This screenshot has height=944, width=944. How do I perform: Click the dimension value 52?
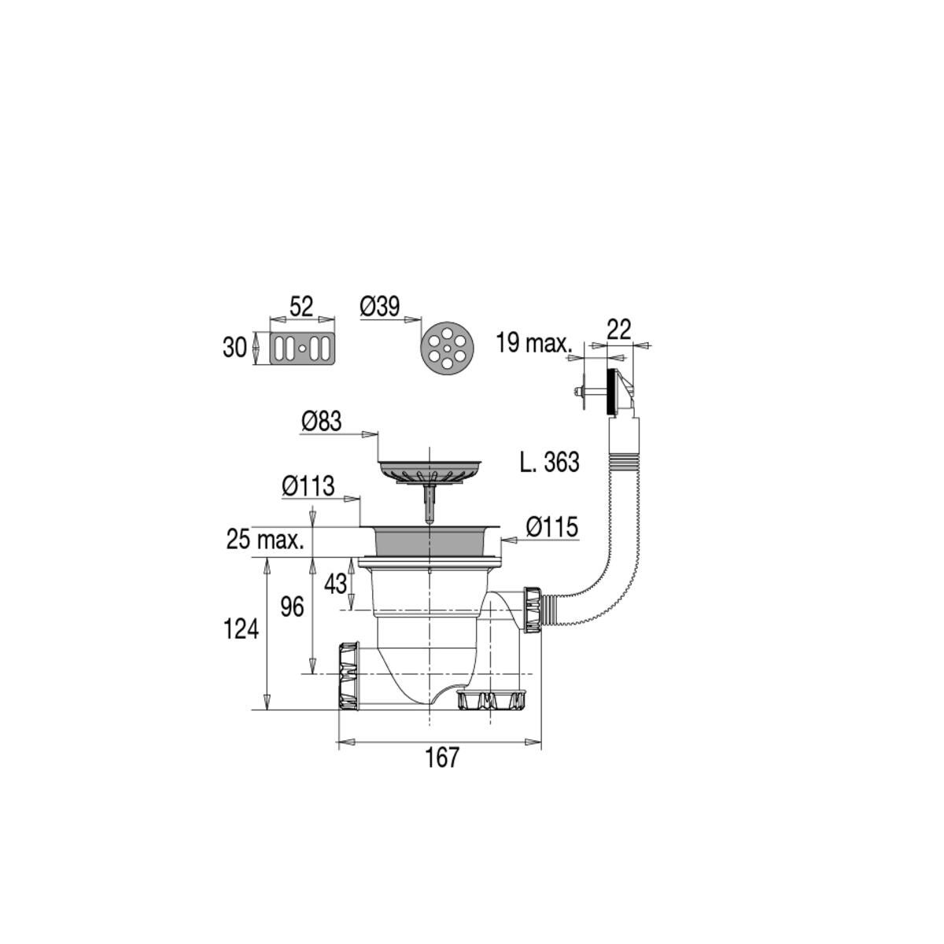pos(301,306)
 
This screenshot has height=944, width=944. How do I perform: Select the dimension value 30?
pos(234,347)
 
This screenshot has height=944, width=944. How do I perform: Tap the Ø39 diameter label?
pos(381,306)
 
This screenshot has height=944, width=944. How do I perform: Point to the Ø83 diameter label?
pos(322,422)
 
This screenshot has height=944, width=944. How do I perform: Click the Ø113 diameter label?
pos(308,487)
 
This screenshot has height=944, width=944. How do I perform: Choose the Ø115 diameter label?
pos(552,527)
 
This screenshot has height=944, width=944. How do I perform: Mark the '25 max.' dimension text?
pos(265,540)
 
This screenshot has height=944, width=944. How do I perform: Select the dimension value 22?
pos(619,330)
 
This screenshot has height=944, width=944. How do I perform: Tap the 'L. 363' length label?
pos(550,463)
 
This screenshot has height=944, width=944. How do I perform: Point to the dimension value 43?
pos(336,584)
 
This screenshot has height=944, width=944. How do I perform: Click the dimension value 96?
pos(293,607)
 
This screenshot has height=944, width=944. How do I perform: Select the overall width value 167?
pos(441,758)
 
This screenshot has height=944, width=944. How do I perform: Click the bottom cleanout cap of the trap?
pos(492,699)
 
